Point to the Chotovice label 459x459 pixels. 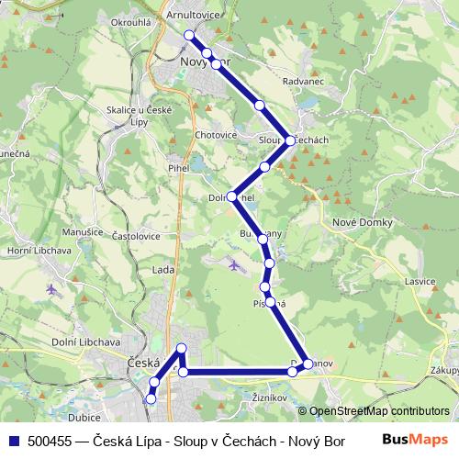tap(216, 135)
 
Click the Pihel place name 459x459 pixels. tap(177, 169)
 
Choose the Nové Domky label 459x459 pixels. tap(362, 223)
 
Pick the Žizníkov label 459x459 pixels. tap(270, 397)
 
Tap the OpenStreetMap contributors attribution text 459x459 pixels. tap(378, 411)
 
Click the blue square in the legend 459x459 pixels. tap(15, 442)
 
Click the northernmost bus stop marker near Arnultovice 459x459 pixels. tap(190, 35)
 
